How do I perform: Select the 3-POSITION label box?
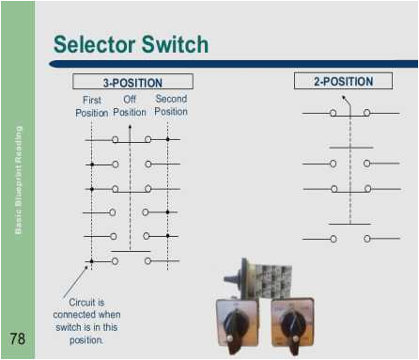point(132,83)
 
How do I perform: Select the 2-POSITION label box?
point(344,82)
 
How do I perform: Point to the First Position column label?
point(91,106)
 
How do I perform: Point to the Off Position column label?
point(130,106)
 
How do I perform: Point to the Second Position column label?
point(171,106)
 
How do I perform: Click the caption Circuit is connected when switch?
point(92,321)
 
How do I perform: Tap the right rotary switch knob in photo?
point(292,324)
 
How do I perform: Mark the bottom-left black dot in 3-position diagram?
point(91,260)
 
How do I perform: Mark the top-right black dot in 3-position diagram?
point(167,140)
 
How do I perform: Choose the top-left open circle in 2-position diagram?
point(333,113)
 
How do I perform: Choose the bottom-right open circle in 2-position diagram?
point(366,239)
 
